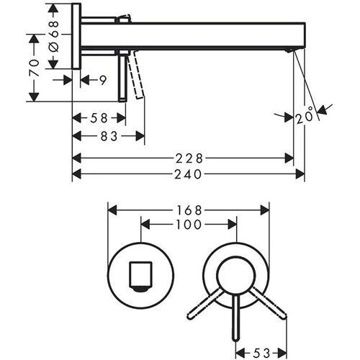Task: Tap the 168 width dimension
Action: click(189, 210)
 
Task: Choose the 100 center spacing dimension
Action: click(189, 225)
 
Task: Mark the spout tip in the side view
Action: click(291, 49)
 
